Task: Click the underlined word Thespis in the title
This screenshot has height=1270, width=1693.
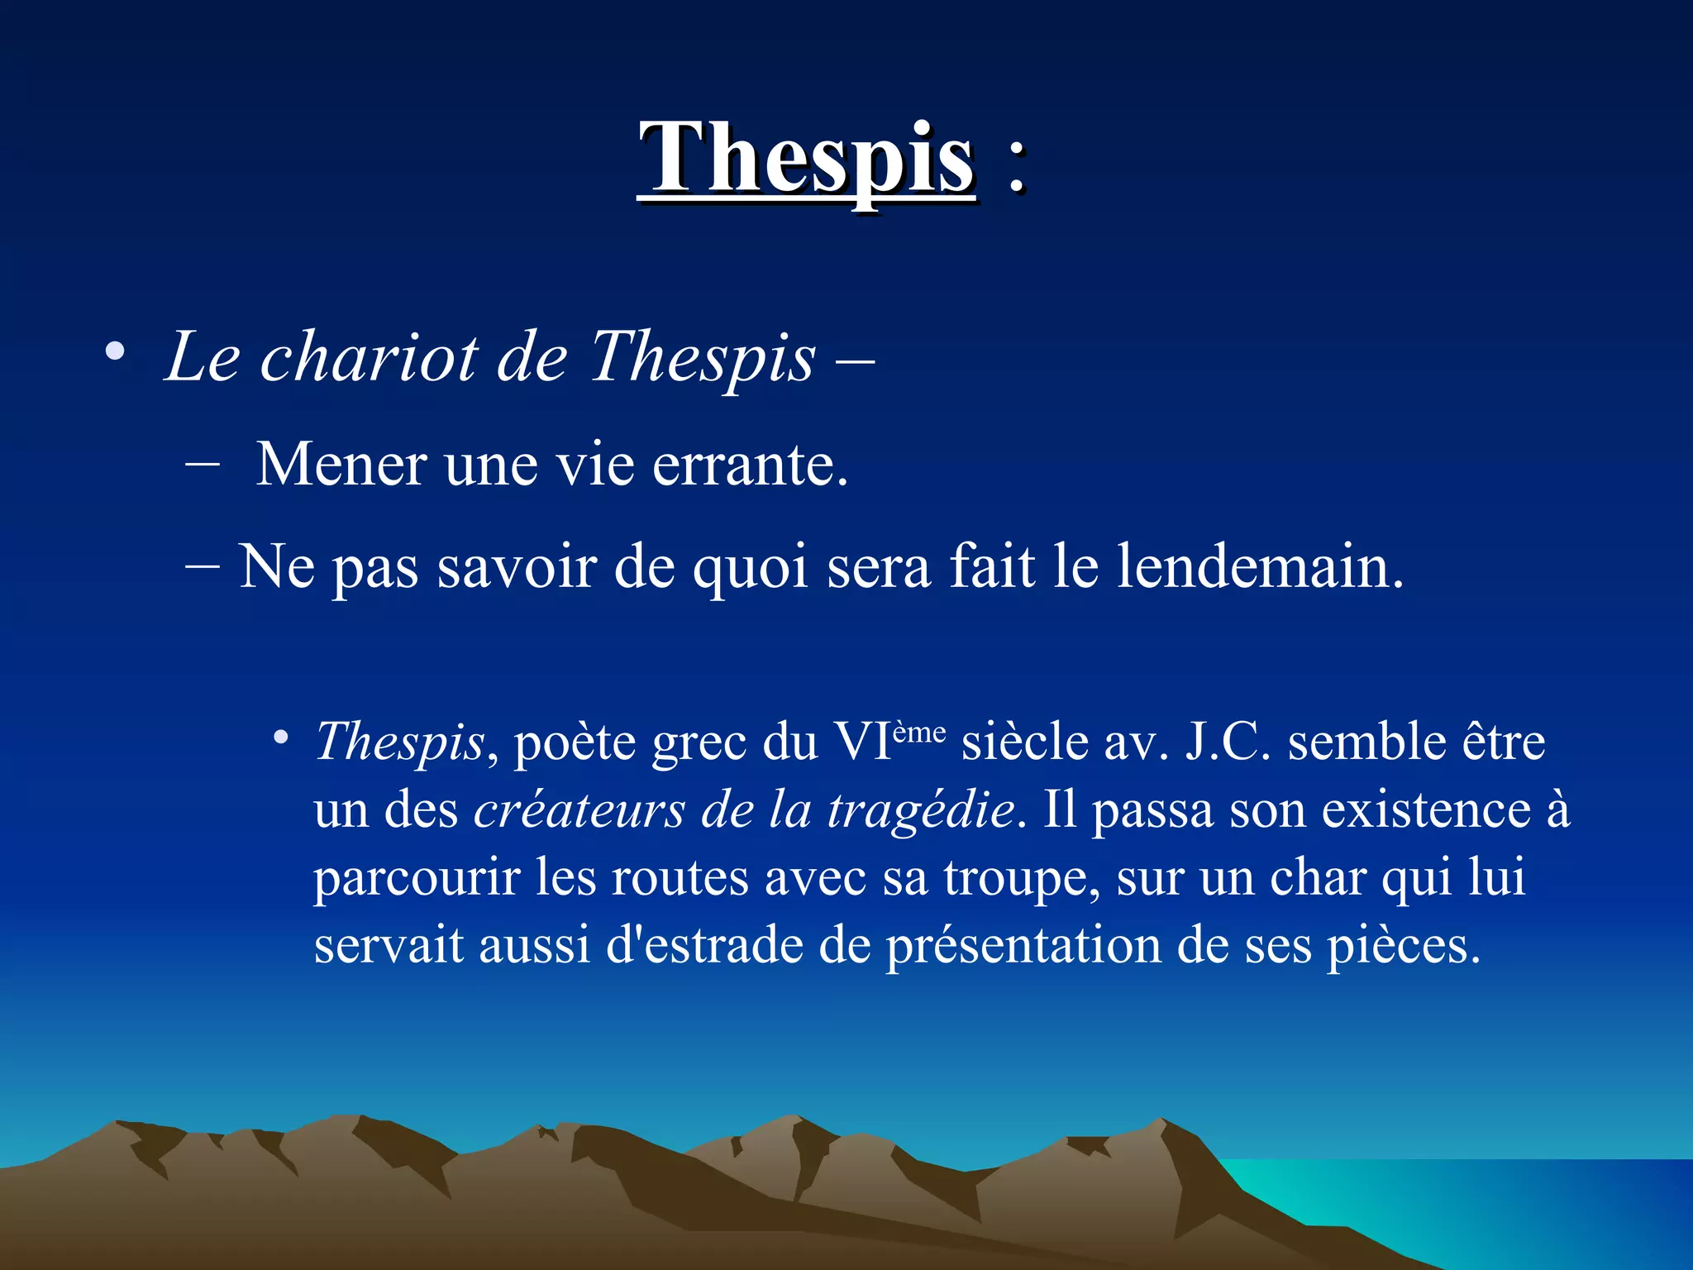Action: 807,159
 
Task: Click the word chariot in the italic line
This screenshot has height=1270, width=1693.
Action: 369,357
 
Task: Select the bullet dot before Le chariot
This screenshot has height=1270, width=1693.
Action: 115,351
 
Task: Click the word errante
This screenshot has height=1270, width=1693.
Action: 749,465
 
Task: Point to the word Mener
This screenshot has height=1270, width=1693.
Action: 341,465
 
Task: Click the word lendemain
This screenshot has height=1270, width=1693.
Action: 1259,567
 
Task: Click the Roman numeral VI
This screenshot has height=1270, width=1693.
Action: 862,741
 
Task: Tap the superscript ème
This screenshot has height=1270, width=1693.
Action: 919,731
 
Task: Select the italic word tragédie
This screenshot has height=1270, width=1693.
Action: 921,810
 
